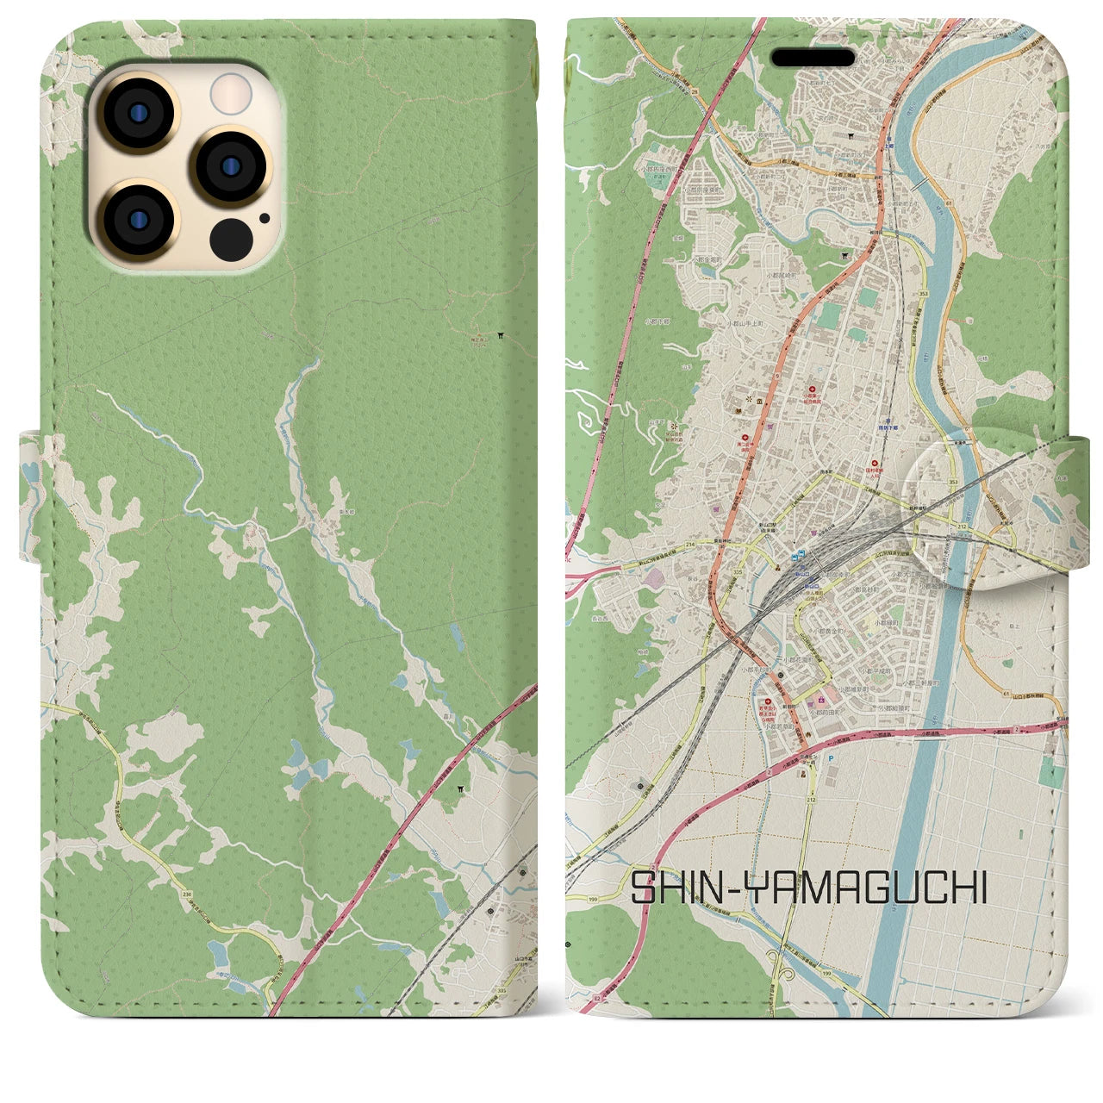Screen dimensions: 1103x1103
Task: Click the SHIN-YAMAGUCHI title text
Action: pos(809,888)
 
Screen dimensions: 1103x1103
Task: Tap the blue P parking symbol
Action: pos(830,758)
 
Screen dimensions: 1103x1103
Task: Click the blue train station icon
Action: pos(801,556)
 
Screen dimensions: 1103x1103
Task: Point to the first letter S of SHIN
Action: pos(643,888)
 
